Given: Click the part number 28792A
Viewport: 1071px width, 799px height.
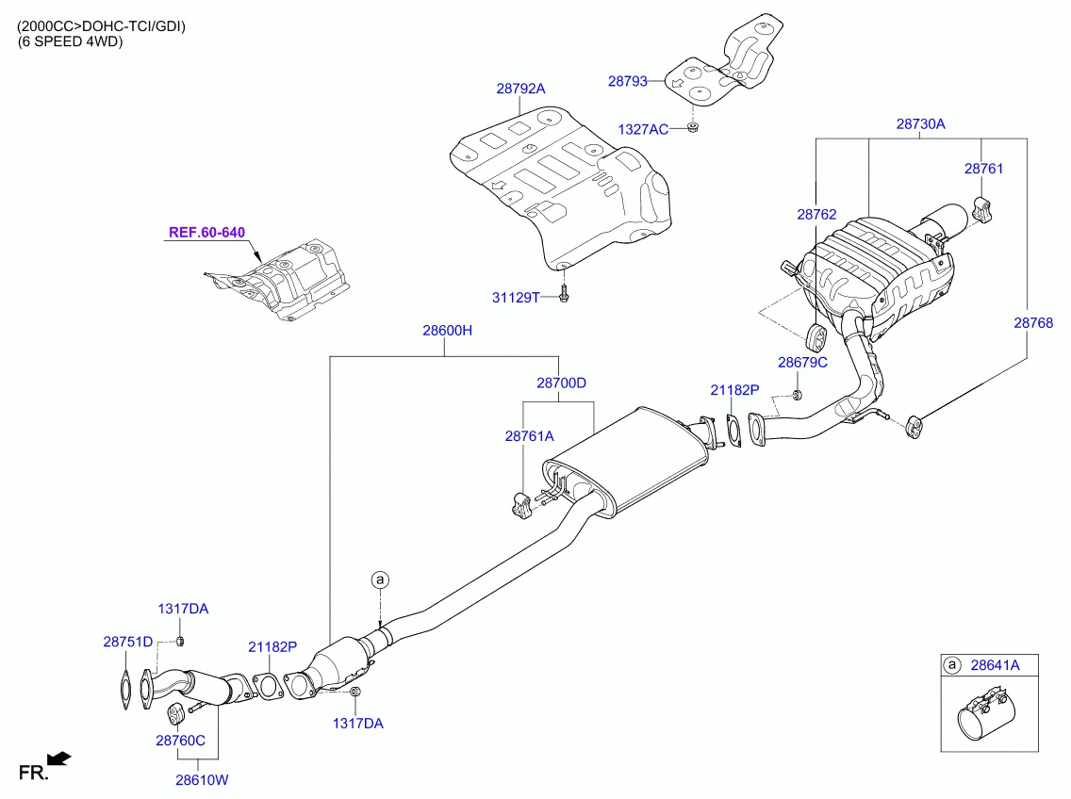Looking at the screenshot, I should [x=520, y=89].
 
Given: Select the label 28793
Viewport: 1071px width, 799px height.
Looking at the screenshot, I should [x=627, y=82].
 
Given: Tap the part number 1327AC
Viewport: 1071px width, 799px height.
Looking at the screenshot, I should [x=643, y=129].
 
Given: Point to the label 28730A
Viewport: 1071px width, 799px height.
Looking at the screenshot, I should [x=920, y=123].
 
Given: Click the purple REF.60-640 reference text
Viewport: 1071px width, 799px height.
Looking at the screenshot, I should [x=206, y=232].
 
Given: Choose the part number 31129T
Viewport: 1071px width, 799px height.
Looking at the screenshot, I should [x=516, y=298].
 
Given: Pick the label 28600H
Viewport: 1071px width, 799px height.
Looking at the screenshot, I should [x=447, y=331].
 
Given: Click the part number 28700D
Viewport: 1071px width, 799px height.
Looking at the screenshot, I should [x=561, y=383].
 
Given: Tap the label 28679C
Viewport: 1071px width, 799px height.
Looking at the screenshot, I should [x=802, y=362].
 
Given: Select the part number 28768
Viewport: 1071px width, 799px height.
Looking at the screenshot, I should [x=1033, y=322].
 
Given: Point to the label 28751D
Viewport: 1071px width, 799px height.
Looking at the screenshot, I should [x=127, y=642].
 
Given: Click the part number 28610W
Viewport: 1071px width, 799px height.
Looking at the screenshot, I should [x=202, y=780].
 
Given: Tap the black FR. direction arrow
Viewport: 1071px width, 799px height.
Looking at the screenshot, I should [x=58, y=758].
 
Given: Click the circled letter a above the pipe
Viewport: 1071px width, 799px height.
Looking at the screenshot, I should [x=380, y=579].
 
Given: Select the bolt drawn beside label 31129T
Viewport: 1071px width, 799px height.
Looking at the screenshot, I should [x=563, y=295].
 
